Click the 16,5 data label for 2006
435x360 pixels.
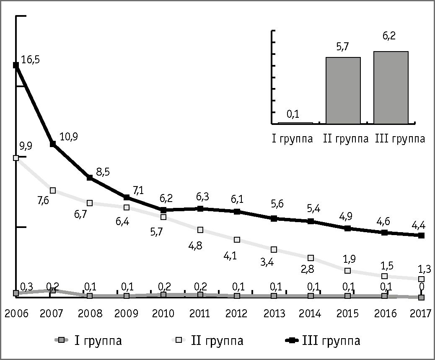pos(30,60)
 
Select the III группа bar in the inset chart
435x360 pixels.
pos(391,88)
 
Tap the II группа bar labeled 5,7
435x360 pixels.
pos(343,91)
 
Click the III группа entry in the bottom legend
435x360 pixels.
pos(323,340)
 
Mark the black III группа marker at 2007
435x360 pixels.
pos(53,144)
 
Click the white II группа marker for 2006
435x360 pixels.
pos(16,158)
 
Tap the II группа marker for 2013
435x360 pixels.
pos(274,249)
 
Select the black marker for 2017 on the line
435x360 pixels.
pos(421,236)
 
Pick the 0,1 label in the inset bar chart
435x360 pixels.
pos(293,114)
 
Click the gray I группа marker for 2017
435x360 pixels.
pos(421,298)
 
